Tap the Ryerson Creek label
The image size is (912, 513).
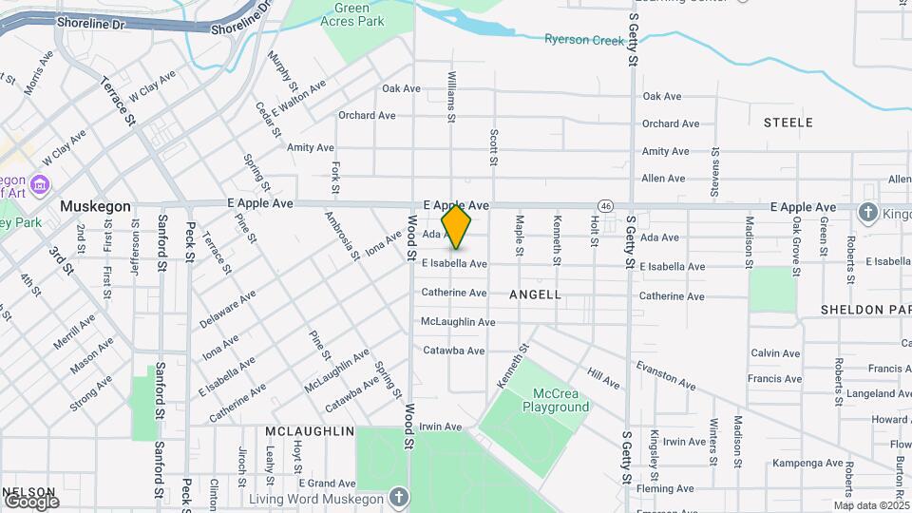584,40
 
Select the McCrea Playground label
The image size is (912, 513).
556,400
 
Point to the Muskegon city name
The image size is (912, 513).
94,206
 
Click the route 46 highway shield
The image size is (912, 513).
605,205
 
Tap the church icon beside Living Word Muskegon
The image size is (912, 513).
399,498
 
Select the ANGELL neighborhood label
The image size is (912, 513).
535,294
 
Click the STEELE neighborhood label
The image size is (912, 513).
788,123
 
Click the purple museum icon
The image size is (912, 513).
40,182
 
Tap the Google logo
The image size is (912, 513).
30,501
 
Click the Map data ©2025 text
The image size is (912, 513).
871,505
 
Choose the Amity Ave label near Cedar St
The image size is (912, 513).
311,147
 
